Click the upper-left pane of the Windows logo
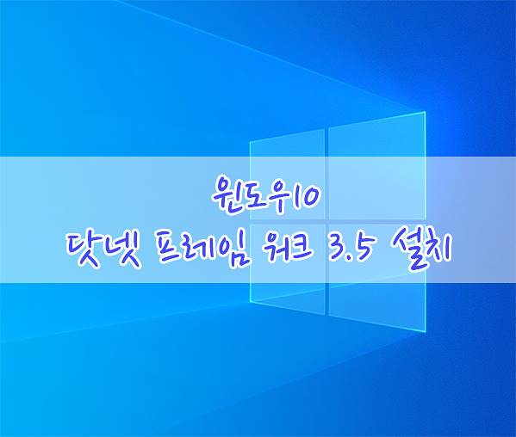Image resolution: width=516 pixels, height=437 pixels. point(287,174)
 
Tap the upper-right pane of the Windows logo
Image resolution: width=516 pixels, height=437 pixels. point(377,166)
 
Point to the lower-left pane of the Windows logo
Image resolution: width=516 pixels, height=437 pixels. point(287,269)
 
